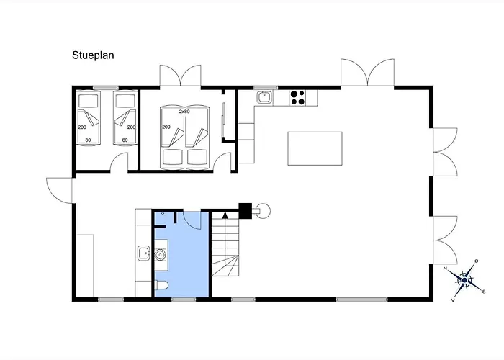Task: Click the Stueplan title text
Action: pos(93,55)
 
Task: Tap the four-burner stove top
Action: pos(297,98)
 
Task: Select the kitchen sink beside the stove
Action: pos(264,97)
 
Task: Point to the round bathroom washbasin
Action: pos(160,255)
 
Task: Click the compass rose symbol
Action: pos(464,280)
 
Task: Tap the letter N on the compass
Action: pos(445,269)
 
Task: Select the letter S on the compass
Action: pos(483,292)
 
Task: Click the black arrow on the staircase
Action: pos(225,215)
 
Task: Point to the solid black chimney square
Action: pos(245,210)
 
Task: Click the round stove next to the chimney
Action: pos(264,211)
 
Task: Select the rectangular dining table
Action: pos(315,148)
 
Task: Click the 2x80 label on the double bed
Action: pos(184,112)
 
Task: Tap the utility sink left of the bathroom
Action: pos(144,253)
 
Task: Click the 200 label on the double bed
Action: pos(166,127)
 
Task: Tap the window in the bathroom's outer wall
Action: pos(184,300)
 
